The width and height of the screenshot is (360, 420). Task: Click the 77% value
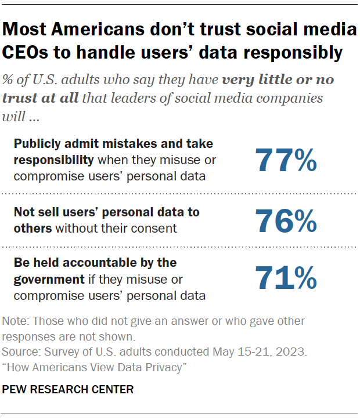[x=286, y=160]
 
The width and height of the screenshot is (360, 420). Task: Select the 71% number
[x=286, y=279]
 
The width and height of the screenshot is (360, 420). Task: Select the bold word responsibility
[x=53, y=159]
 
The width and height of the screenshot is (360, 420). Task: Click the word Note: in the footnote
[x=16, y=321]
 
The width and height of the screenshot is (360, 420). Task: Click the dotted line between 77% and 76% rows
[x=180, y=193]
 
